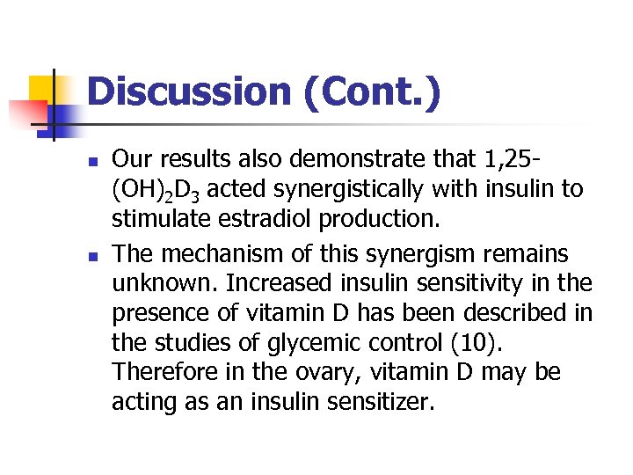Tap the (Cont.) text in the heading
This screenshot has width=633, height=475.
coord(370,91)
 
